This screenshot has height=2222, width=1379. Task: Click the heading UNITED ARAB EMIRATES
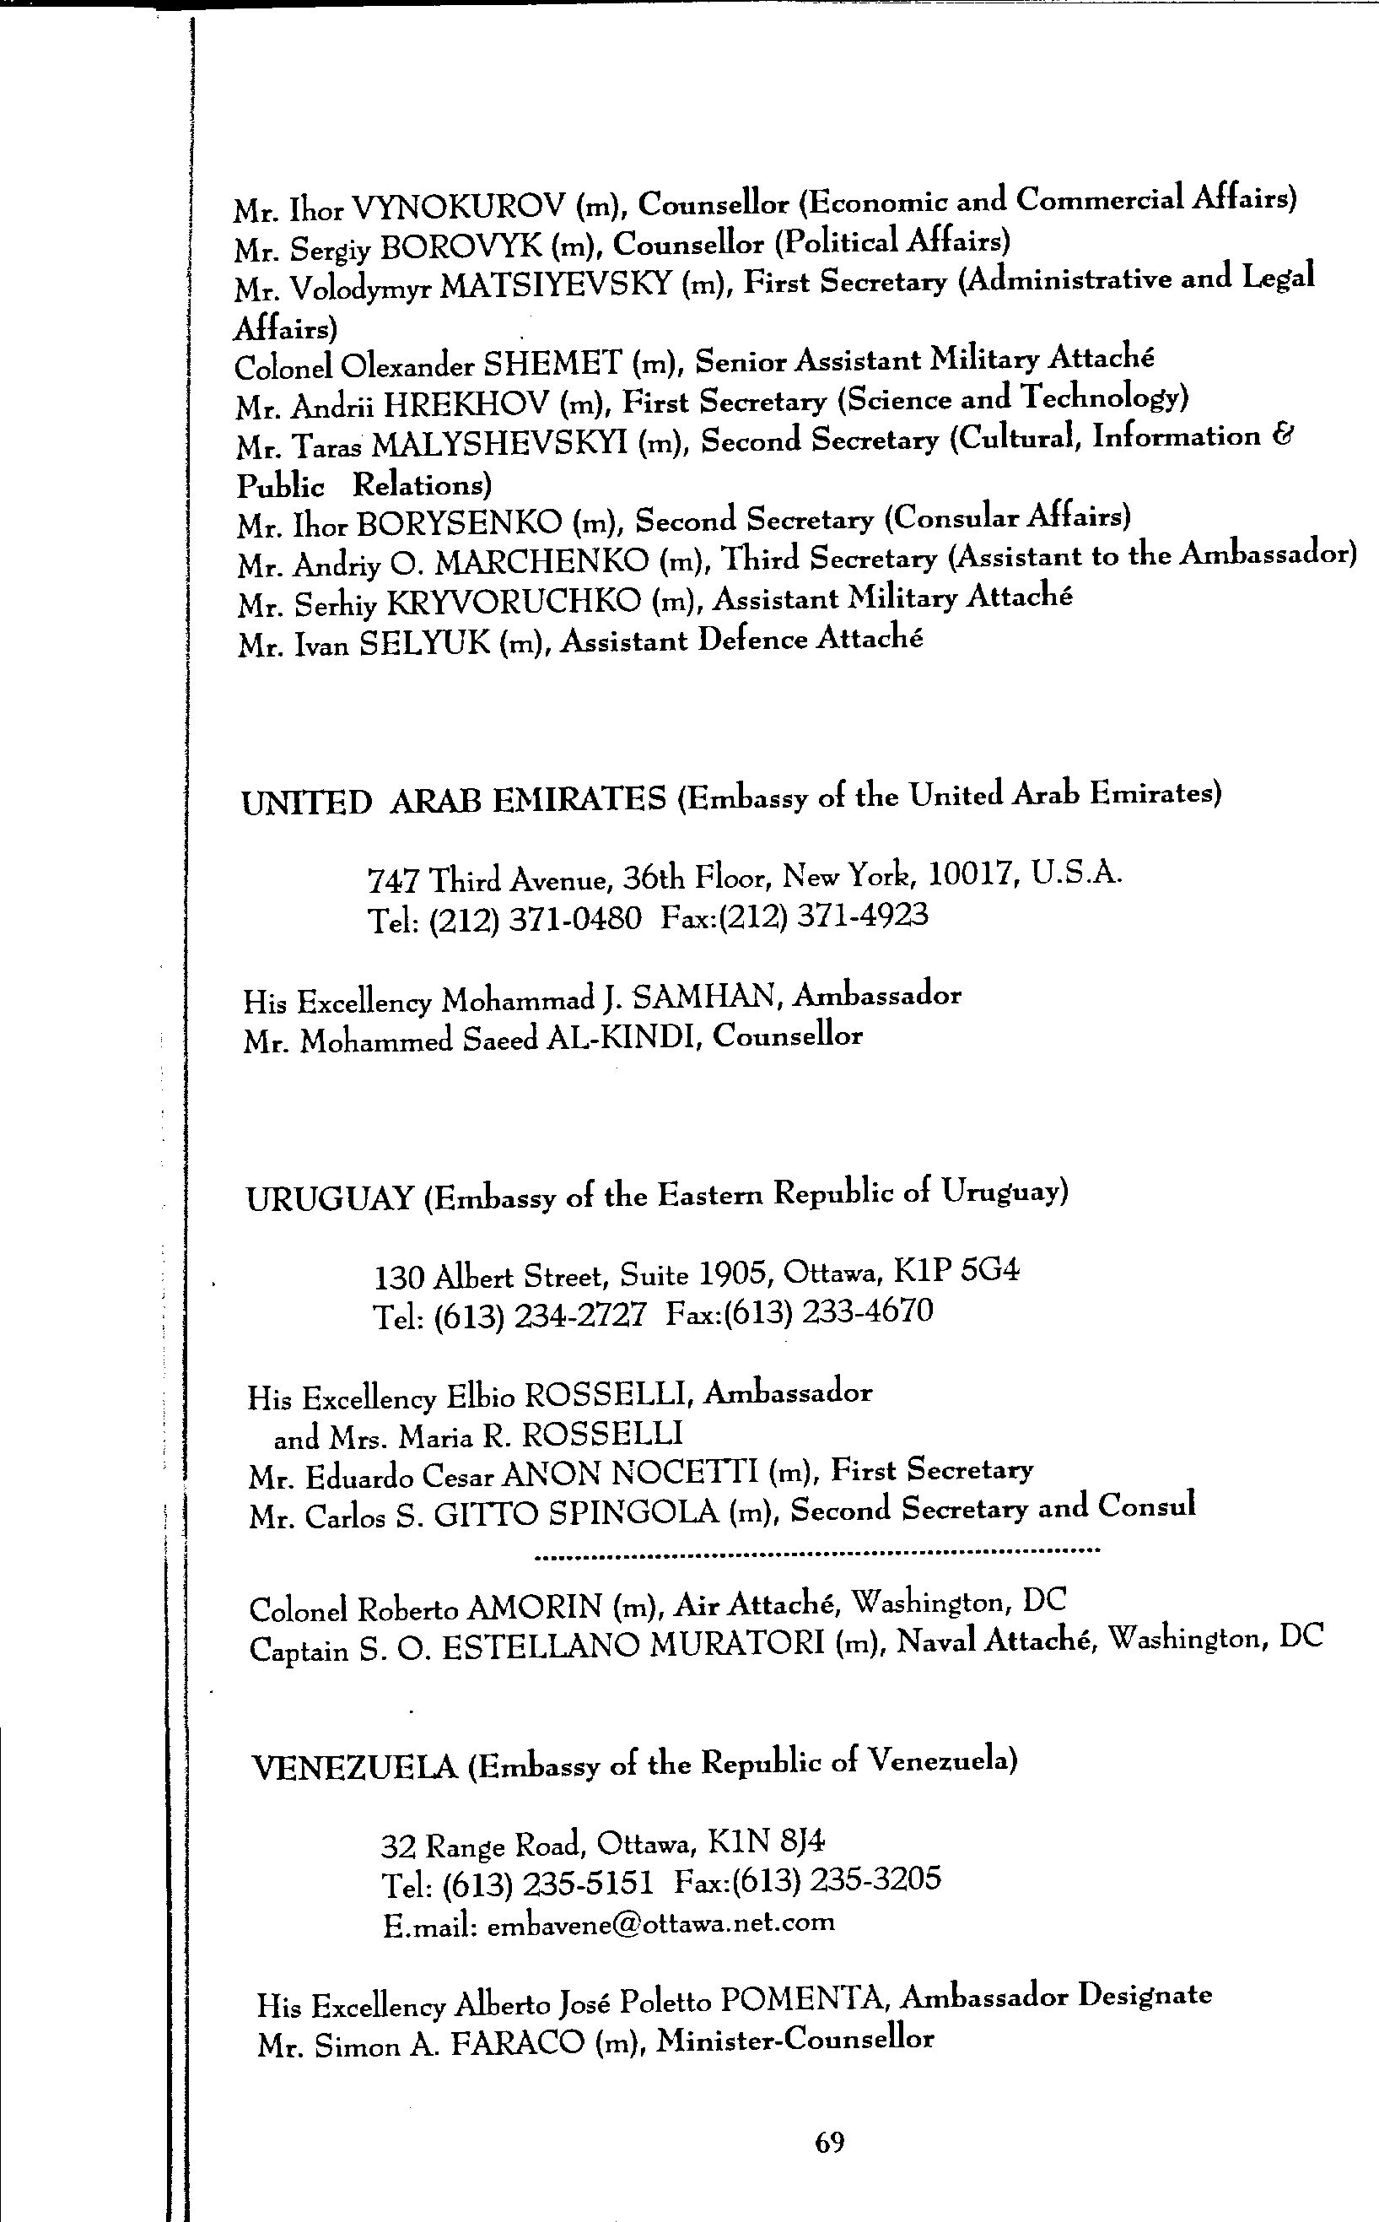[453, 800]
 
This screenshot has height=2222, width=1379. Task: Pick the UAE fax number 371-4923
[862, 914]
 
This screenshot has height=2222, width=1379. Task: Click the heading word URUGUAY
[330, 1198]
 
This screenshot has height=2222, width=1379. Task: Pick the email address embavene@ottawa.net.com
[661, 1922]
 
